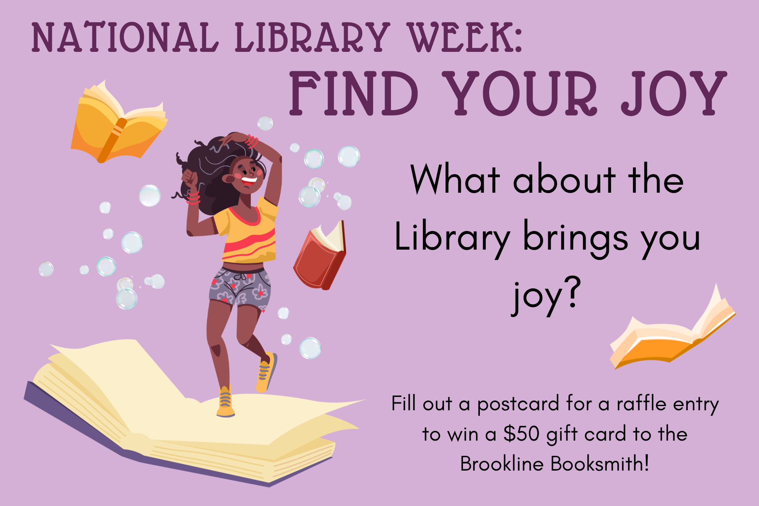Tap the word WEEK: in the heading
[466, 38]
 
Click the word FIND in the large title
[354, 93]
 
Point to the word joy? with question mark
[546, 295]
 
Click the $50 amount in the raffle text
[522, 434]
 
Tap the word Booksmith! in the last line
[600, 464]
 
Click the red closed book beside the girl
[320, 256]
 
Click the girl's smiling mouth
[249, 180]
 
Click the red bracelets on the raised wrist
[252, 141]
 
